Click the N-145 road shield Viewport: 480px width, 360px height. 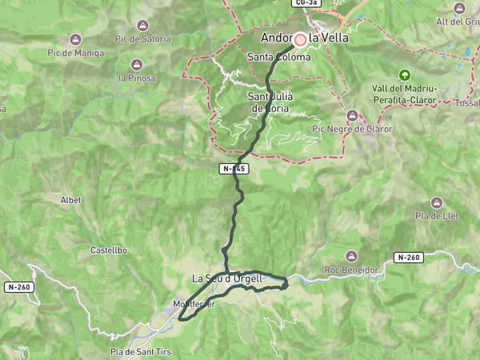point(235,169)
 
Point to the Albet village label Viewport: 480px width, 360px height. point(71,200)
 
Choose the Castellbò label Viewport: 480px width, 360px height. point(109,250)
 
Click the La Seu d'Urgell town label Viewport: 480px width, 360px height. point(227,278)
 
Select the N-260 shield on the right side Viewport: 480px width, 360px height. point(408,257)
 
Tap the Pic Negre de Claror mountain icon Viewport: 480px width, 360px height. point(353,115)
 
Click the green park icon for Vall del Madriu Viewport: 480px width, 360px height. point(403,74)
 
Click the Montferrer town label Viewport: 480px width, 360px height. point(194,304)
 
